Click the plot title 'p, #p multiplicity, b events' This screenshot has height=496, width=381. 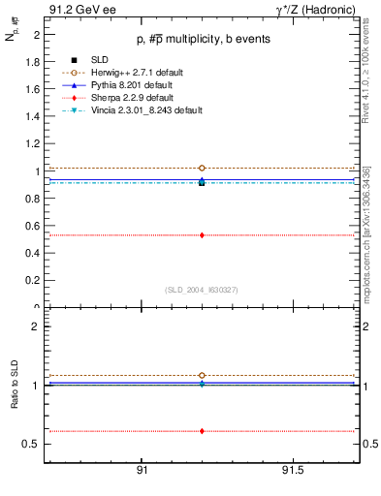point(202,39)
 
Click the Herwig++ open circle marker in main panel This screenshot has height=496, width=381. point(202,169)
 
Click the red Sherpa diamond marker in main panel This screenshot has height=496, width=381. point(202,234)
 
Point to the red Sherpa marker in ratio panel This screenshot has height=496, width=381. point(202,431)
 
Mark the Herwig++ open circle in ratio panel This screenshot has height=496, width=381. point(202,375)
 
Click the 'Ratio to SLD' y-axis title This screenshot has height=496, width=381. point(16,399)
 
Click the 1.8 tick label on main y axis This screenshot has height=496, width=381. point(34,61)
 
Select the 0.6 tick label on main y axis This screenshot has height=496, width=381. point(34,226)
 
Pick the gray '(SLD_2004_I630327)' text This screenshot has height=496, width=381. point(202,290)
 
